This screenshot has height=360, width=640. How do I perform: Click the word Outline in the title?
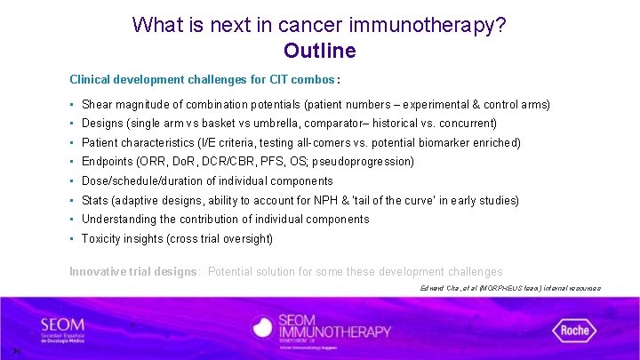pyautogui.click(x=319, y=51)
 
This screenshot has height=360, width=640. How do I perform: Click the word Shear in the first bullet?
pyautogui.click(x=97, y=104)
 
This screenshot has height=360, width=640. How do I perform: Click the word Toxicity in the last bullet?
pyautogui.click(x=102, y=238)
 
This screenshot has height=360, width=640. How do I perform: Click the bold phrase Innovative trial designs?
pyautogui.click(x=134, y=271)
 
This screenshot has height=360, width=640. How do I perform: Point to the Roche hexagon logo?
pyautogui.click(x=574, y=330)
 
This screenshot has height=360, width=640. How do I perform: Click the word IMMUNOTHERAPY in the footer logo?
pyautogui.click(x=337, y=332)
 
